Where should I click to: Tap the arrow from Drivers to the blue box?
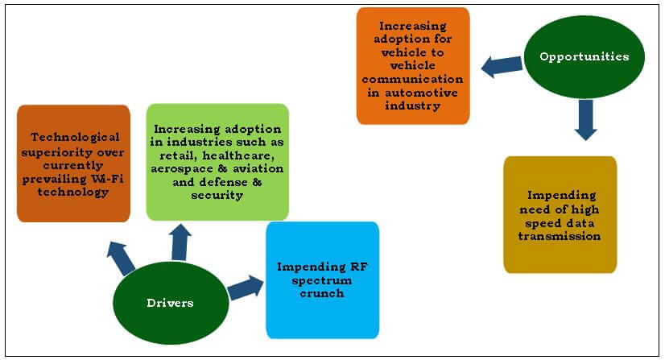[246, 287]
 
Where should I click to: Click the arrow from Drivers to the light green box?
[180, 241]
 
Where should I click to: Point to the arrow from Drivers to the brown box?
[122, 258]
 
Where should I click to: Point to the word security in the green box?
[217, 193]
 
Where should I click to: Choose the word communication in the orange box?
[412, 80]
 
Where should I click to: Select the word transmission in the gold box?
[560, 237]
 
